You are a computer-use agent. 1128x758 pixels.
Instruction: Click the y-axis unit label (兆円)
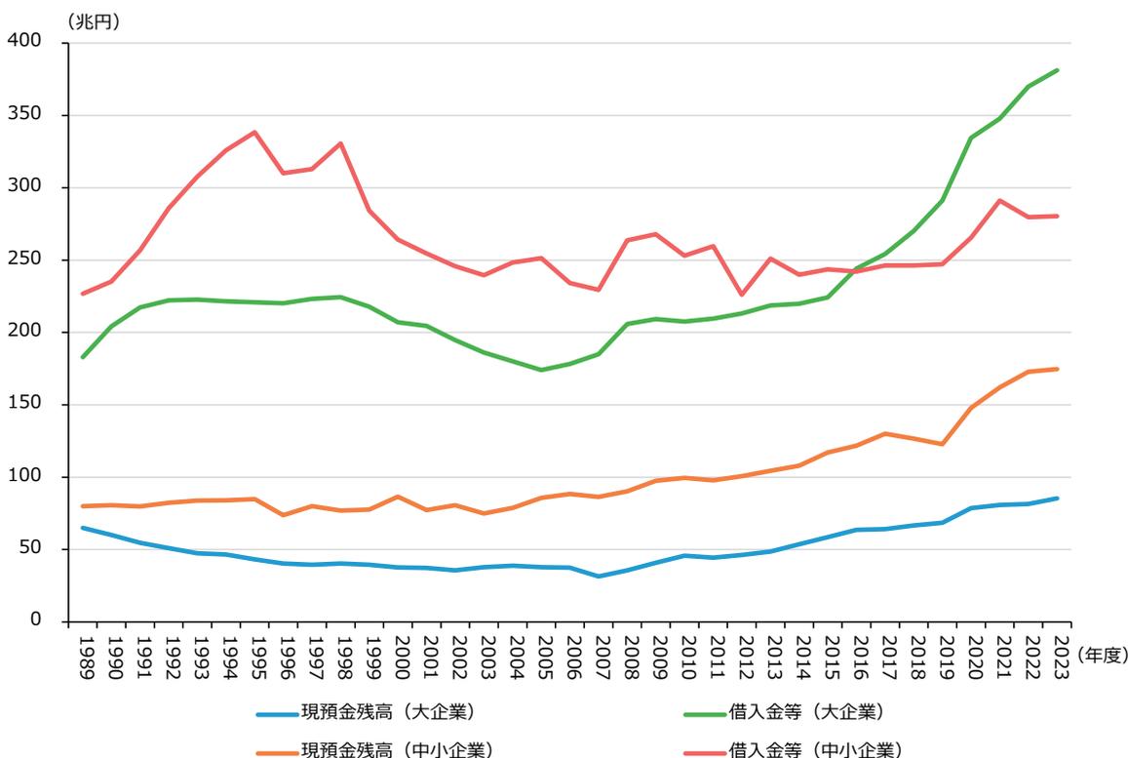pyautogui.click(x=93, y=22)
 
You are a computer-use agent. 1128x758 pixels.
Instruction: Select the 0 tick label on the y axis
pyautogui.click(x=33, y=621)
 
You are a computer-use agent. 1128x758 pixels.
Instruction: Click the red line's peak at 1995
pyautogui.click(x=255, y=132)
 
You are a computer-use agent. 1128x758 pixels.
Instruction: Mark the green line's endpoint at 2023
pyautogui.click(x=1058, y=70)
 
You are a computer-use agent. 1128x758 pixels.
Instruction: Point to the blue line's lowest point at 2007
pyautogui.click(x=600, y=577)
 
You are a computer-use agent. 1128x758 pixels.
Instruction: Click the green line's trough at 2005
pyautogui.click(x=542, y=370)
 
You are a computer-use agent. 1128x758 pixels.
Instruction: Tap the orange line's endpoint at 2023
pyautogui.click(x=1058, y=369)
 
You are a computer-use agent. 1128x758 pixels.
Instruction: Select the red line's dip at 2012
pyautogui.click(x=743, y=295)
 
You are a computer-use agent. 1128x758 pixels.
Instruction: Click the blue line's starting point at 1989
pyautogui.click(x=83, y=528)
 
